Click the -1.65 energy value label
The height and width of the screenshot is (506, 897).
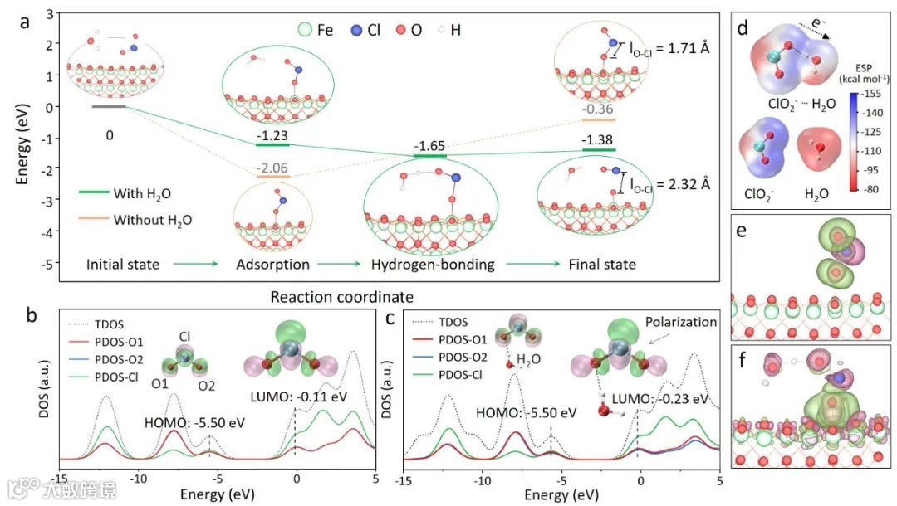(x=429, y=146)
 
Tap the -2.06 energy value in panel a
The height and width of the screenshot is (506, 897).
(x=273, y=167)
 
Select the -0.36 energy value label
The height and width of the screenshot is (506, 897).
(x=598, y=109)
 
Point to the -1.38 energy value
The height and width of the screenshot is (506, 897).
(x=598, y=139)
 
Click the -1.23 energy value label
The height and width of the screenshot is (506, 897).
(x=273, y=135)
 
